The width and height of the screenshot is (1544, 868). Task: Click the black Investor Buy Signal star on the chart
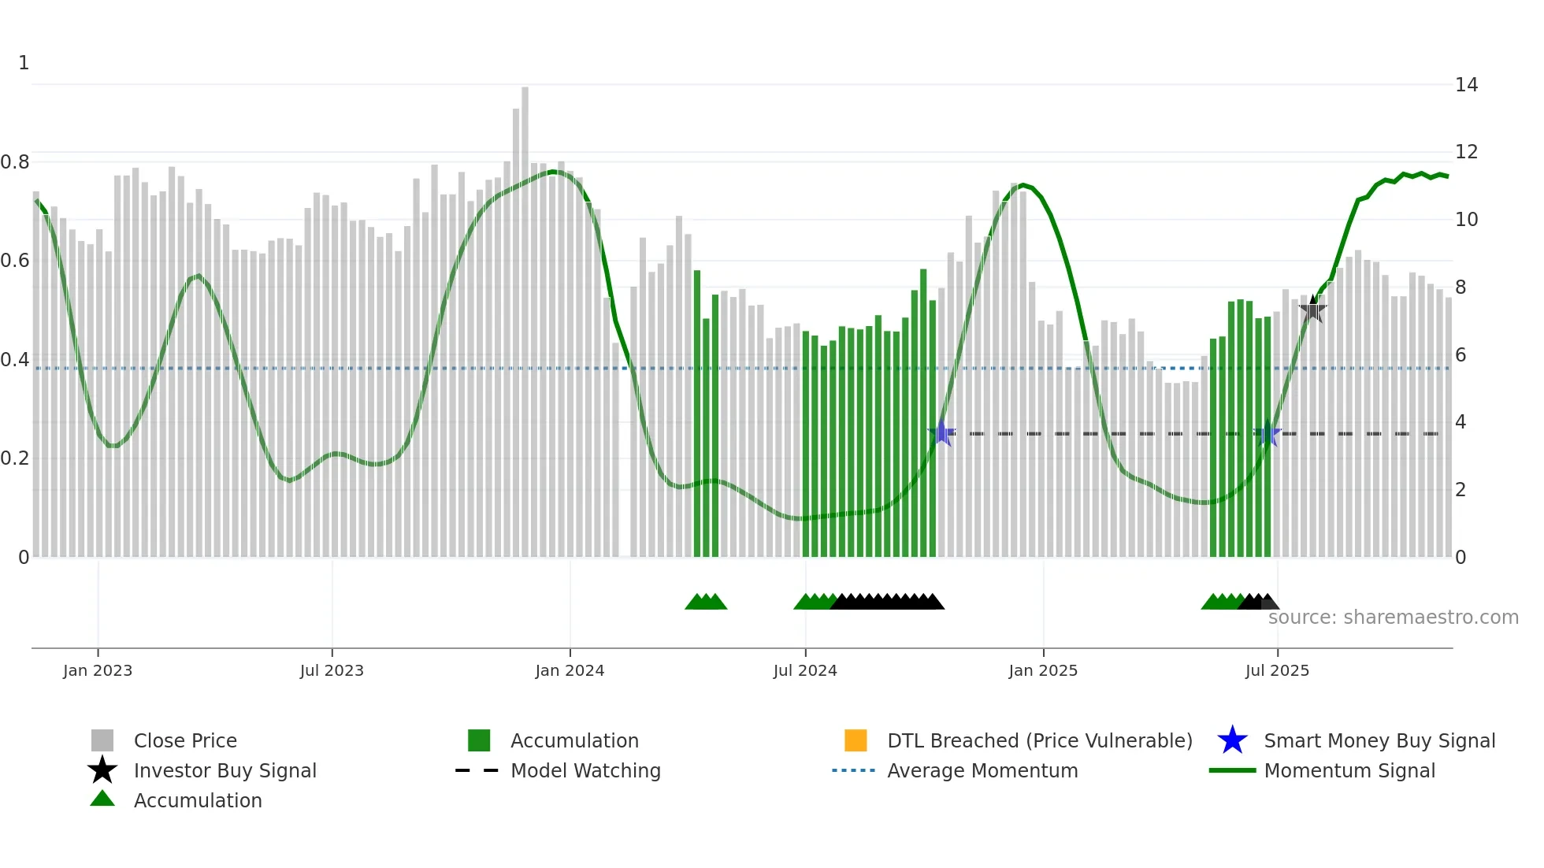tap(1312, 310)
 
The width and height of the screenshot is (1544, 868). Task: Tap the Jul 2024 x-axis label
tap(805, 670)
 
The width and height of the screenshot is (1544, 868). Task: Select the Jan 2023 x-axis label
tap(98, 670)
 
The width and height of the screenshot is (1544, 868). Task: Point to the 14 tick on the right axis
tap(1466, 85)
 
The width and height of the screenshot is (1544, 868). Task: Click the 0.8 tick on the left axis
tap(15, 162)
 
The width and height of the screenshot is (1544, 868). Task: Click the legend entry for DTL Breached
tap(1039, 740)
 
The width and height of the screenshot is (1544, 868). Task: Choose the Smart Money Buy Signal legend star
tap(1232, 740)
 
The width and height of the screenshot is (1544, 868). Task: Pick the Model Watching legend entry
tap(585, 770)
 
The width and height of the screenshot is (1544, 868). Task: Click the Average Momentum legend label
tap(982, 770)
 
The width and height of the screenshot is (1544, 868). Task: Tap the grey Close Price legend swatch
tap(102, 740)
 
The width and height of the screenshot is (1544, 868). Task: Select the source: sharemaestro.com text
tap(1393, 618)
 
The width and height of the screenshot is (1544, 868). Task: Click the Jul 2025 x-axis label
tap(1277, 670)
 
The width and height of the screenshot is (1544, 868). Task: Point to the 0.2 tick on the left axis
tap(15, 458)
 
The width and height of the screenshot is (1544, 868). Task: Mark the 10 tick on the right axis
tap(1466, 220)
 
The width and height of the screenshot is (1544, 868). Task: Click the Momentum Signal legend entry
tap(1349, 770)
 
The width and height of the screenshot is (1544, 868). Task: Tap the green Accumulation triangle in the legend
tap(102, 799)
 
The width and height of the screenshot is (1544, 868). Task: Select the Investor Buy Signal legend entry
tap(225, 770)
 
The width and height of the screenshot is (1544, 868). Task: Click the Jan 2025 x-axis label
tap(1043, 670)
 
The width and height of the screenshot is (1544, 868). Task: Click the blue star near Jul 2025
tap(1267, 434)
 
